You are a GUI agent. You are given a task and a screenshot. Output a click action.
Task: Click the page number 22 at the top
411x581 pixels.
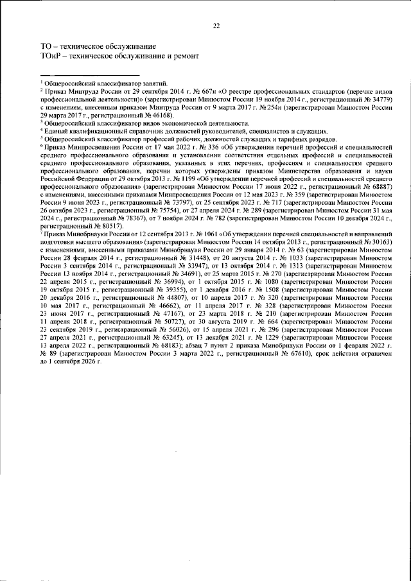pyautogui.click(x=216, y=26)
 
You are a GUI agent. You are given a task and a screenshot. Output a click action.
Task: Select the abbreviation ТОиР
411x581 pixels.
pyautogui.click(x=51, y=56)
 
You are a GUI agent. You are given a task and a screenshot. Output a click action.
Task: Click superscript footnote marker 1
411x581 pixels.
pyautogui.click(x=41, y=82)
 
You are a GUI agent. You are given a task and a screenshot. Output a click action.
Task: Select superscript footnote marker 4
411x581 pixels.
pyautogui.click(x=41, y=128)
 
